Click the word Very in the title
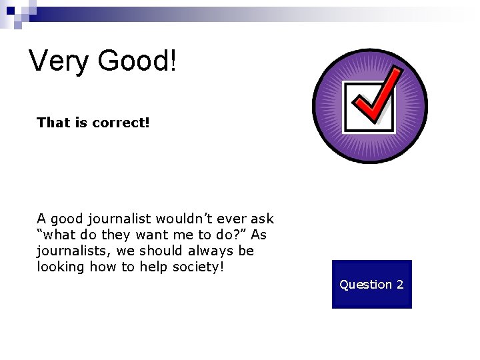pos(59,61)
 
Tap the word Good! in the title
pos(137,61)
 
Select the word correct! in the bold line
pos(121,122)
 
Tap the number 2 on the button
pos(399,285)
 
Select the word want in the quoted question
pos(151,235)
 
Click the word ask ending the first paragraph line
pos(263,219)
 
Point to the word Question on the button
pos(365,285)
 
